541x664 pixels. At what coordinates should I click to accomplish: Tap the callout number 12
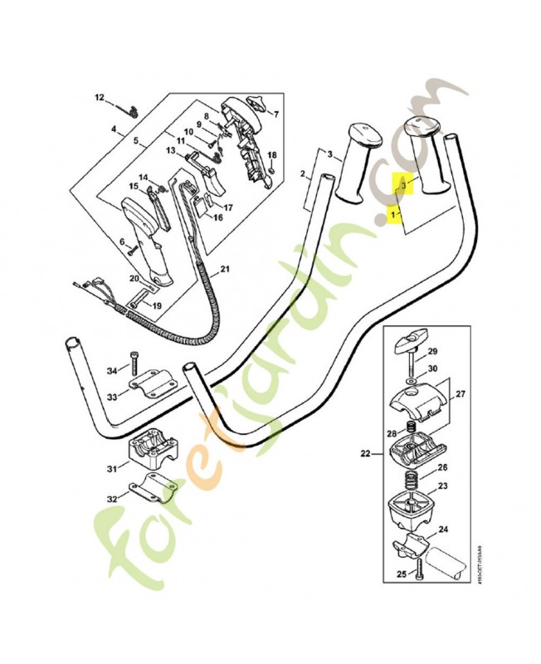pos(100,98)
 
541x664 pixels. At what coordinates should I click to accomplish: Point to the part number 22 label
pos(365,452)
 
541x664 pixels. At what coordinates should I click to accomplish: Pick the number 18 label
pos(272,155)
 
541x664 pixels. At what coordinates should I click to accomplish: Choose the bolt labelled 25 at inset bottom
pos(422,569)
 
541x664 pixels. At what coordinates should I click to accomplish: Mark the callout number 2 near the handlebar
pos(303,174)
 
